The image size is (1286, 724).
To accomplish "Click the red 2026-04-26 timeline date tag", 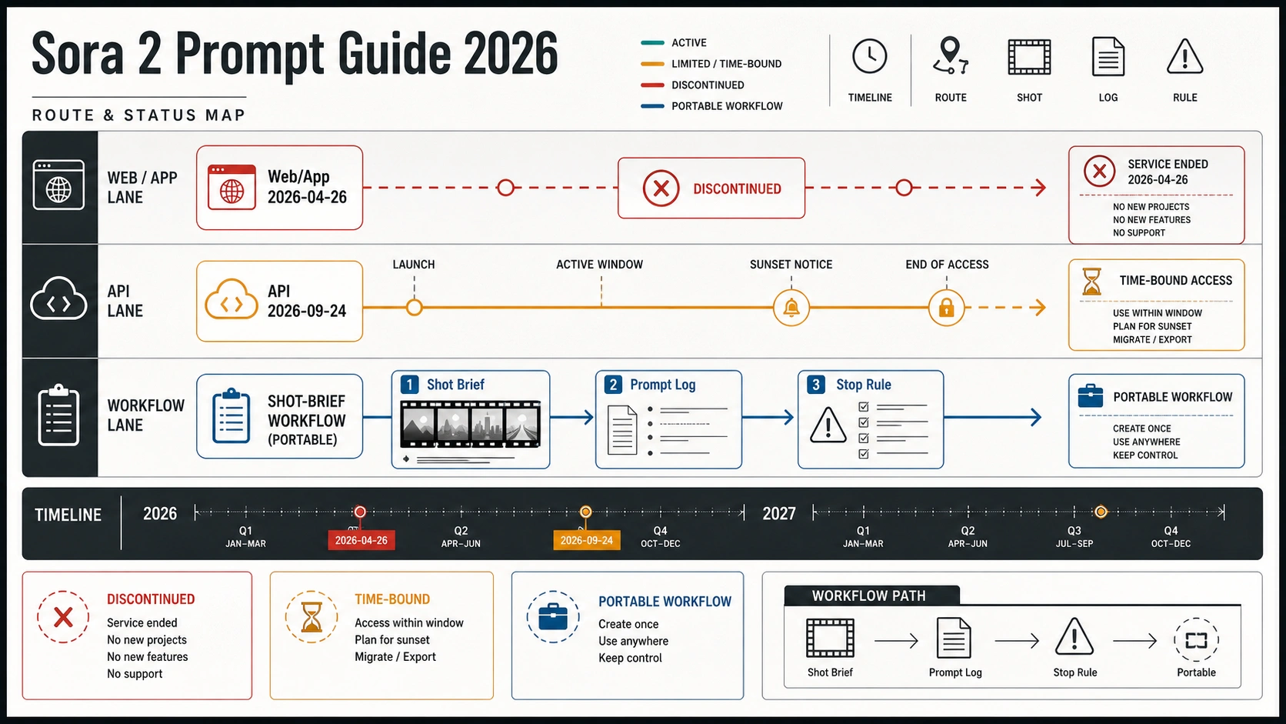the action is tap(361, 540).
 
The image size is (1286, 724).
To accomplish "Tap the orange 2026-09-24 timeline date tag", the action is tap(586, 540).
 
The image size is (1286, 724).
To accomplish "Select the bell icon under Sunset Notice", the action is tap(791, 308).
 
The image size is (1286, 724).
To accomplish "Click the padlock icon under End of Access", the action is tap(946, 308).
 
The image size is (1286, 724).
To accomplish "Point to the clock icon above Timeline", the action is tap(869, 56).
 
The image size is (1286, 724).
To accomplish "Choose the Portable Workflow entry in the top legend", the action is tap(711, 106).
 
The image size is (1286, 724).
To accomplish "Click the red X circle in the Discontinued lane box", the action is tap(661, 189).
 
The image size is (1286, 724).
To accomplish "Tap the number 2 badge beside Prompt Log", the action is tap(612, 385).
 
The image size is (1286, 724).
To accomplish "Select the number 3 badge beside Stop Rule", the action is tap(815, 385).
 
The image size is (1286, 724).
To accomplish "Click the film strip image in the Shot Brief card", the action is tap(470, 424).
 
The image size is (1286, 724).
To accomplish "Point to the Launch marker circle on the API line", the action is tap(414, 308).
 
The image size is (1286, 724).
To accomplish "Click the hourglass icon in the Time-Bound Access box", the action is tap(1091, 282).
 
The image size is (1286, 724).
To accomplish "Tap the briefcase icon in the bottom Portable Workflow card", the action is tap(553, 617).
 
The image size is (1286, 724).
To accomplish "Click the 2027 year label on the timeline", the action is tap(778, 513).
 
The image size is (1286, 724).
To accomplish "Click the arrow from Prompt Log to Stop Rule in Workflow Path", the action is tap(1017, 640).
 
